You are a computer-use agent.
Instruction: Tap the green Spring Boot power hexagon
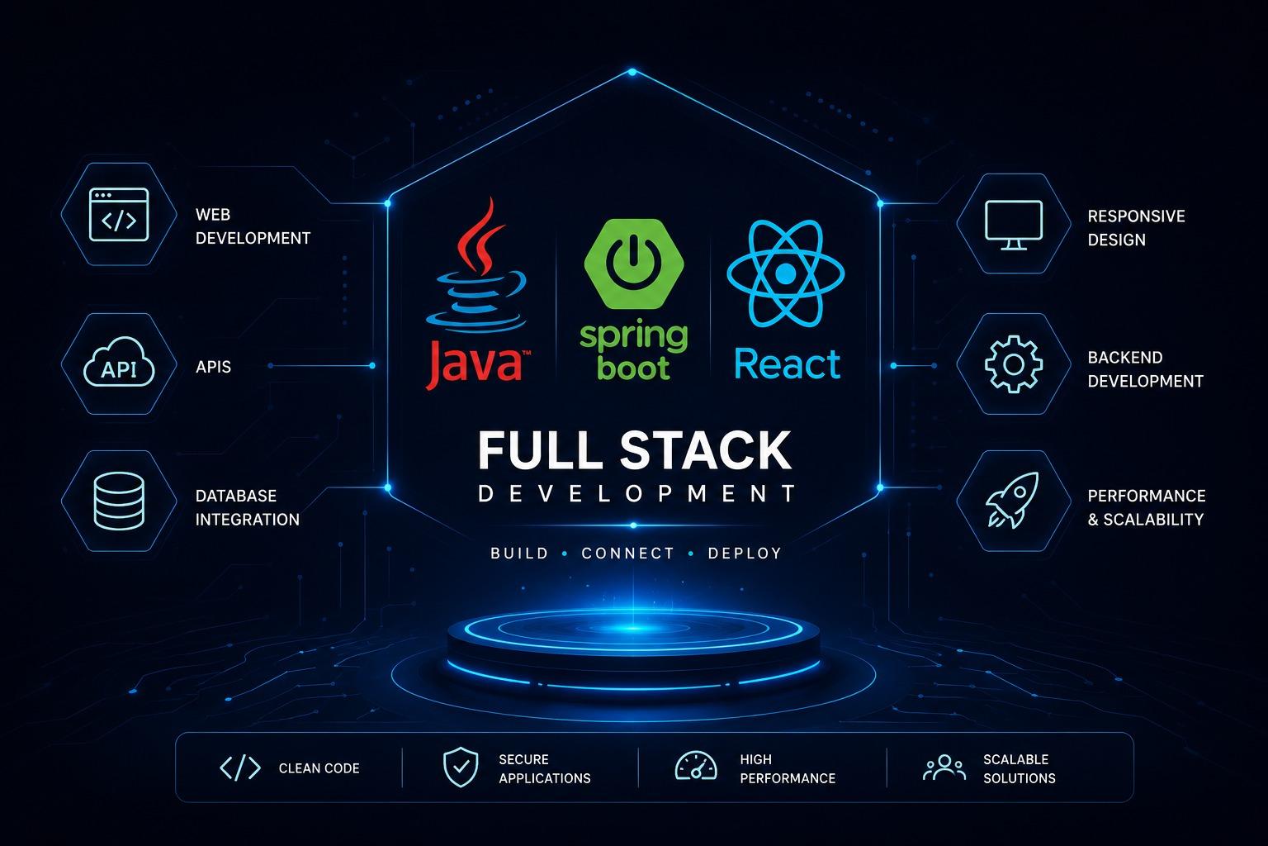(634, 264)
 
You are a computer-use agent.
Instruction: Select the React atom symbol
(786, 273)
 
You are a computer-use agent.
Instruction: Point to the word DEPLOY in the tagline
(745, 553)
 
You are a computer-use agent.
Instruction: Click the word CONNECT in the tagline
(627, 553)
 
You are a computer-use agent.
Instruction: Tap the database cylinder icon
(119, 501)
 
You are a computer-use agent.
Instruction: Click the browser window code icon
(119, 215)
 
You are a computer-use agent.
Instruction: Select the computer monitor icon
(1014, 225)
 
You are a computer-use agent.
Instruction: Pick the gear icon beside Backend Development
(1014, 364)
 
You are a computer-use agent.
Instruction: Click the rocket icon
(1013, 500)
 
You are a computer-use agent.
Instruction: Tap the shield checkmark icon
(461, 768)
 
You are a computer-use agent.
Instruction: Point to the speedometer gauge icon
(696, 766)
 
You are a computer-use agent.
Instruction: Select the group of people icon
(944, 768)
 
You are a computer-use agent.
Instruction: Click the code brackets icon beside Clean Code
(240, 768)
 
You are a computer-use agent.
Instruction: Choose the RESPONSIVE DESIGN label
(1136, 228)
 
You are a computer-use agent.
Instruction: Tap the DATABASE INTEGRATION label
(248, 508)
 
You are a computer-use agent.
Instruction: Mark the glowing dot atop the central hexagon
(632, 72)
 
